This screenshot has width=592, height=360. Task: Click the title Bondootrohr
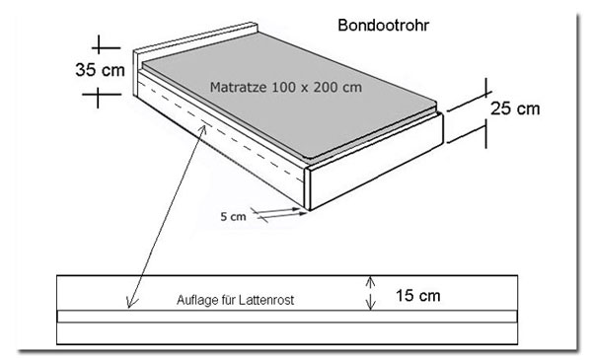click(x=383, y=26)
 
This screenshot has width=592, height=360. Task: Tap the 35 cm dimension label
click(x=100, y=70)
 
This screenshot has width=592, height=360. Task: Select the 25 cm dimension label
click(x=515, y=108)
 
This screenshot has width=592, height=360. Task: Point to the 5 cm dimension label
click(x=233, y=217)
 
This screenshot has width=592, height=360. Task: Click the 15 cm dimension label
click(x=418, y=296)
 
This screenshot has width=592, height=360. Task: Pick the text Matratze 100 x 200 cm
click(x=286, y=87)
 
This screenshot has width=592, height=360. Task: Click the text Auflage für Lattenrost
click(x=235, y=300)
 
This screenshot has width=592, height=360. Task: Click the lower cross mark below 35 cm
click(x=98, y=95)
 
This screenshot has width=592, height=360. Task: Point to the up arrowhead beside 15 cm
click(x=371, y=281)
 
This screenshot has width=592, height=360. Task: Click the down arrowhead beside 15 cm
click(x=371, y=304)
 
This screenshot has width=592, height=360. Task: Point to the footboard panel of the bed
click(x=376, y=161)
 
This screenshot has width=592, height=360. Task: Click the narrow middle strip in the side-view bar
click(x=287, y=317)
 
